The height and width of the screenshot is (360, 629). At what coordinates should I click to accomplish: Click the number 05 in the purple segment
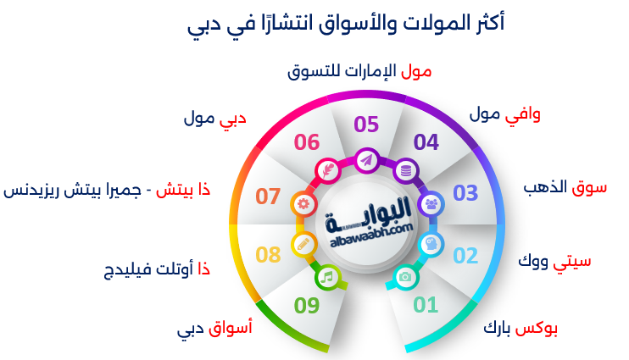366,125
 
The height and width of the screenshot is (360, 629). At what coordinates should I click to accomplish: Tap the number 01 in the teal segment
426,305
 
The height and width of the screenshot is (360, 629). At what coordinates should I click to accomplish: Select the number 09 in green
307,306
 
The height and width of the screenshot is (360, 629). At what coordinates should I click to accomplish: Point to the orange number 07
268,197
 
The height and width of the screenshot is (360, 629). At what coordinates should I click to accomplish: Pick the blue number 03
465,193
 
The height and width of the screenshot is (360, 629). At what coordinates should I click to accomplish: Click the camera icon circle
405,277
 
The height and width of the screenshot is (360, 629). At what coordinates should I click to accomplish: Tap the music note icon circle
328,277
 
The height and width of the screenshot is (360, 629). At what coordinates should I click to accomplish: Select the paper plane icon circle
367,161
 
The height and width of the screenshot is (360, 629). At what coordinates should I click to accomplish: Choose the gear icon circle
303,204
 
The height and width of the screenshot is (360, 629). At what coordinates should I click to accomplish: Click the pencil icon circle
303,244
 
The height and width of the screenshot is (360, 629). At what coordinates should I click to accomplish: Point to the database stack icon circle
405,171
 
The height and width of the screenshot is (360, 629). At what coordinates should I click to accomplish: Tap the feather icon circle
328,171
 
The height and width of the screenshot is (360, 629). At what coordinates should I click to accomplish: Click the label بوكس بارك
520,329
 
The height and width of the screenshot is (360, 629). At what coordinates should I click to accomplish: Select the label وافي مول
505,114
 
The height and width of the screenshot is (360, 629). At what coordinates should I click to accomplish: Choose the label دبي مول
215,119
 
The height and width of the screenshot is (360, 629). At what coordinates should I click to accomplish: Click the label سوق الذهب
565,187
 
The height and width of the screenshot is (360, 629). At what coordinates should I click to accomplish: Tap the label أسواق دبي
214,329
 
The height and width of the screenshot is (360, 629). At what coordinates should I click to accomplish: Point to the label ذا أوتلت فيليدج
157,269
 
